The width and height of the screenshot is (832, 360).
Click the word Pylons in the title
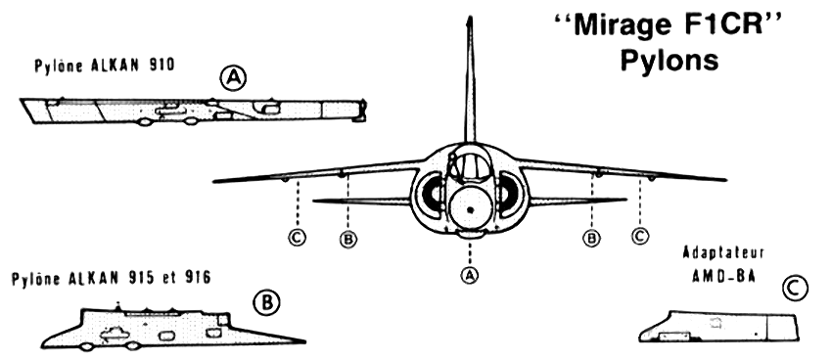[x=670, y=60]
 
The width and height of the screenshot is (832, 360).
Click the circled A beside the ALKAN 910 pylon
[x=233, y=78]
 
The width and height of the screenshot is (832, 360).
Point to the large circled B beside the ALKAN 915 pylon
[x=266, y=302]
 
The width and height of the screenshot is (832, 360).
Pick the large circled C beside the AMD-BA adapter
[x=795, y=289]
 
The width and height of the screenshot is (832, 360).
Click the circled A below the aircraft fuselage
[x=469, y=274]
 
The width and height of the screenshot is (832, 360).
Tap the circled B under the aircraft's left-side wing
[x=348, y=239]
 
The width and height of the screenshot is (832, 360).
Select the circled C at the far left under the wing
[x=298, y=237]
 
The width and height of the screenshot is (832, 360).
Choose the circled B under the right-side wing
[x=591, y=238]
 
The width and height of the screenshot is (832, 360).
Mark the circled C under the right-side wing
[x=640, y=236]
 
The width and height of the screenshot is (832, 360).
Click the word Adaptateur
[x=723, y=252]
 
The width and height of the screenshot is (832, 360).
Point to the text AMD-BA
[x=723, y=276]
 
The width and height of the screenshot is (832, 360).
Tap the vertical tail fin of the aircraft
[x=470, y=79]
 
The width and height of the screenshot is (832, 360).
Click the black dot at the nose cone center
[x=470, y=210]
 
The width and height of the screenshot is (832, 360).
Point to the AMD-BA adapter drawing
[x=719, y=327]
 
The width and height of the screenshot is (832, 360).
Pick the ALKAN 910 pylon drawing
[x=193, y=112]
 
